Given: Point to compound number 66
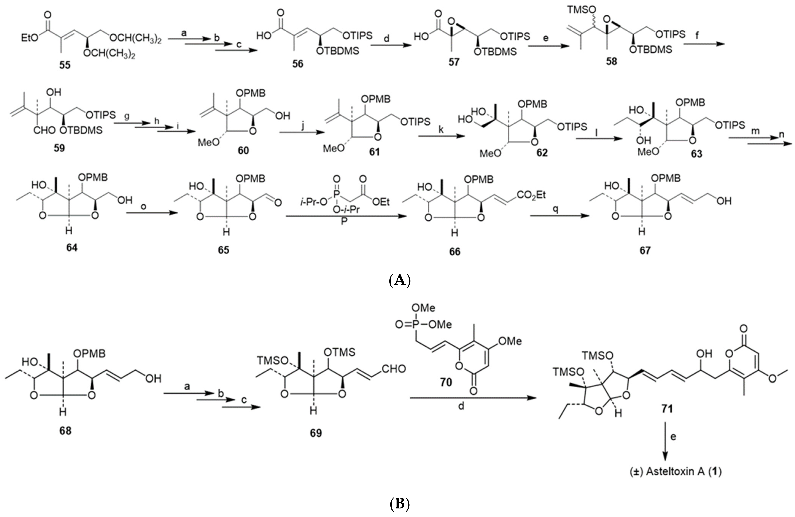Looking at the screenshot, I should point(454,251).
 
